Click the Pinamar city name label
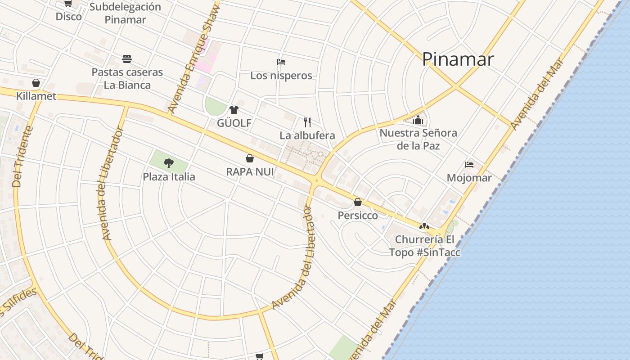tap(458, 59)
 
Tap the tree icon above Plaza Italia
tap(169, 163)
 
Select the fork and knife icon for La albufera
tap(307, 122)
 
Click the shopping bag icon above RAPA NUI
tap(250, 158)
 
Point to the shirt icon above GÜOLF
tap(234, 109)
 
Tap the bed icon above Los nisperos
tap(281, 62)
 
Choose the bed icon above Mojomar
tap(469, 165)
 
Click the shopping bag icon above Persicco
tap(358, 202)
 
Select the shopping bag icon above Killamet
tap(36, 83)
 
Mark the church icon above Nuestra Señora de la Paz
tap(418, 120)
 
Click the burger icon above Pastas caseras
tap(127, 59)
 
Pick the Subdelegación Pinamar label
tap(125, 13)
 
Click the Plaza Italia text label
tap(169, 177)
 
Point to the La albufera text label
tap(307, 135)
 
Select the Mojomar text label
tap(469, 178)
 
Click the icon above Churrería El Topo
tap(424, 226)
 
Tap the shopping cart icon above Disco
tap(68, 4)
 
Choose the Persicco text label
tap(358, 216)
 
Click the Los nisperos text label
tap(281, 76)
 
